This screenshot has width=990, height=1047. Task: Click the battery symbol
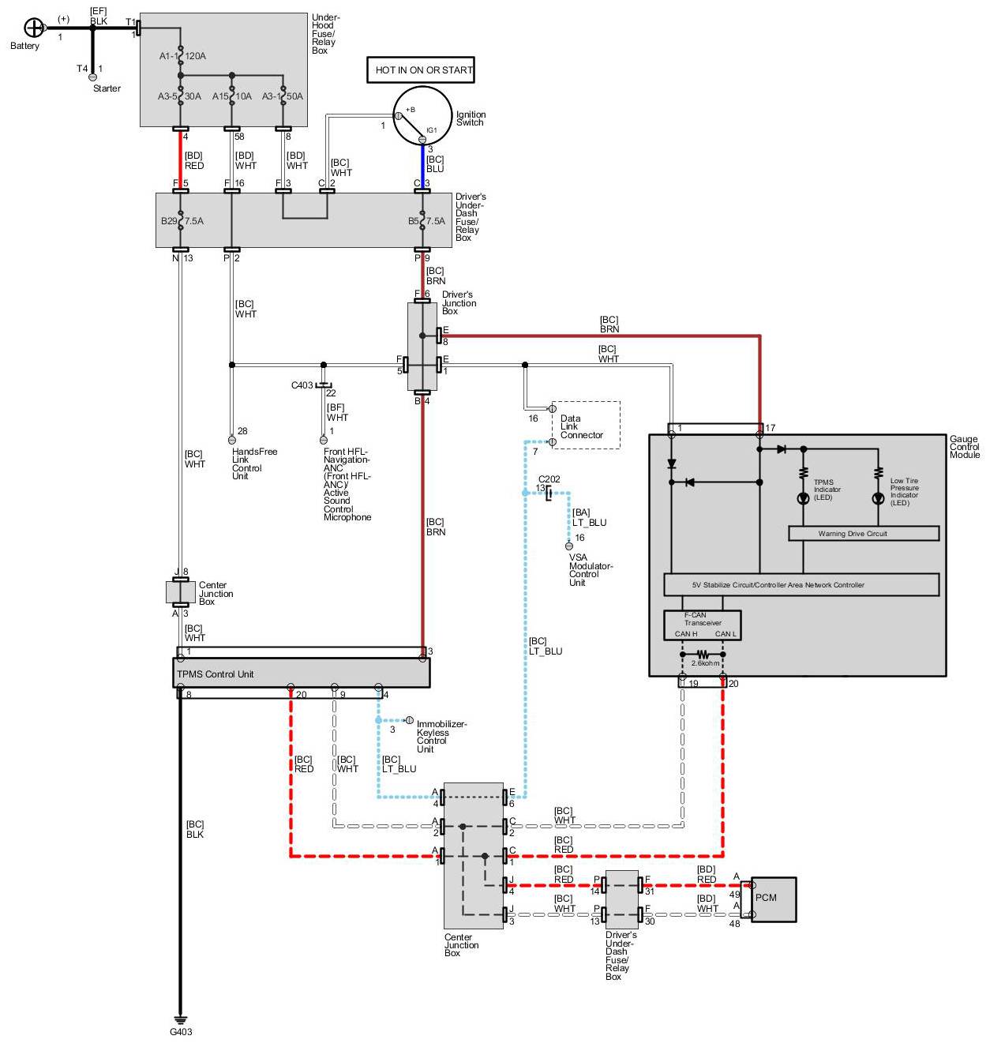click(34, 28)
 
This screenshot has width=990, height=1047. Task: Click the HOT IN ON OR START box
click(421, 69)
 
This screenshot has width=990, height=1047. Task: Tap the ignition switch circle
click(422, 115)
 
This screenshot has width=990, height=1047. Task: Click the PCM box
click(774, 899)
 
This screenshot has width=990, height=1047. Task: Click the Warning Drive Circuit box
click(864, 534)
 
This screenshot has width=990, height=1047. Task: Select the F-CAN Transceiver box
click(702, 625)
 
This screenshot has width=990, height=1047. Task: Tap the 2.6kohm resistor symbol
click(703, 655)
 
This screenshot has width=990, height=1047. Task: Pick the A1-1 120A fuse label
click(182, 56)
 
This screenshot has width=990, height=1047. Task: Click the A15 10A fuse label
click(231, 96)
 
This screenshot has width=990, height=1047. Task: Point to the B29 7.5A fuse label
click(182, 221)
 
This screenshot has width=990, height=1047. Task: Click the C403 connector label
click(302, 385)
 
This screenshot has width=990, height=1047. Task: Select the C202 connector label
click(549, 479)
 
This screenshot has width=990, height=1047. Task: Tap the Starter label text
click(107, 88)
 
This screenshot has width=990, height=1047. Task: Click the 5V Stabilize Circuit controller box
click(801, 585)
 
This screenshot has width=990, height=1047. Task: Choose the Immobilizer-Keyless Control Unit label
click(441, 737)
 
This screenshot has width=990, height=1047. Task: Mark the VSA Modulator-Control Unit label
click(591, 569)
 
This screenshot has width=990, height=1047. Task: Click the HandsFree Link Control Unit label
click(254, 464)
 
